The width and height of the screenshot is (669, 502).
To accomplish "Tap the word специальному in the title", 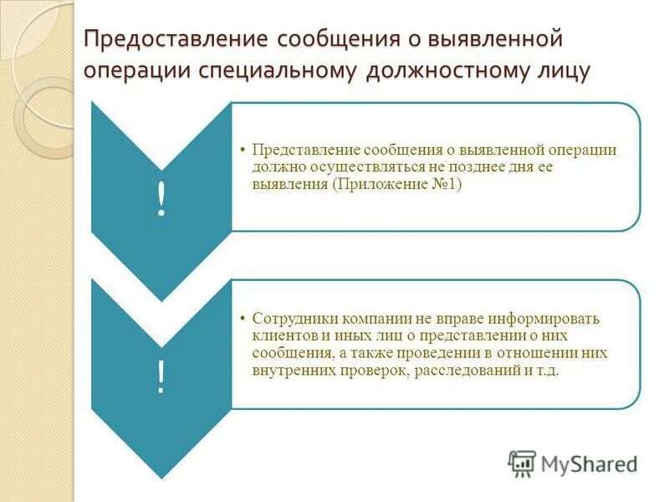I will pos(277,70).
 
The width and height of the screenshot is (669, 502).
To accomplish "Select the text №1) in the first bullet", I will pos(446,184).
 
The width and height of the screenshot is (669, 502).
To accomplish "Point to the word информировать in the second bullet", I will pos(553,320).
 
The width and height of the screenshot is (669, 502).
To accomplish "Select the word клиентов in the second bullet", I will pos(280,336).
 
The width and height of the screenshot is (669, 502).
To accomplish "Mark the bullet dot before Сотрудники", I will pos(242,320).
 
